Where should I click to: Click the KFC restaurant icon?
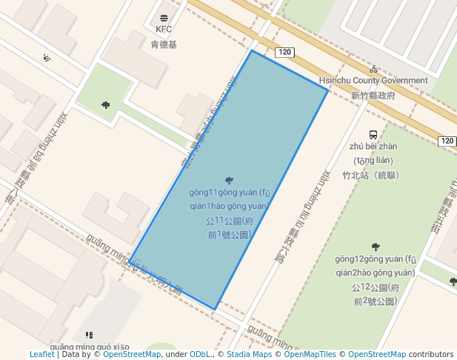pyautogui.click(x=163, y=17)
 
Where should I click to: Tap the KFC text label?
pyautogui.click(x=163, y=30)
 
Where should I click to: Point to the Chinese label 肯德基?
pyautogui.click(x=164, y=44)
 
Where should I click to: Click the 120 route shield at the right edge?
pyautogui.click(x=447, y=141)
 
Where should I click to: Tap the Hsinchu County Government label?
pyautogui.click(x=373, y=80)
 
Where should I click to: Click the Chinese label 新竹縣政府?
pyautogui.click(x=373, y=96)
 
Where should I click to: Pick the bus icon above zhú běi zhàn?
pyautogui.click(x=373, y=135)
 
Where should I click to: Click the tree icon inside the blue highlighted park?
pyautogui.click(x=228, y=181)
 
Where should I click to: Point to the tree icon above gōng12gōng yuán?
pyautogui.click(x=376, y=247)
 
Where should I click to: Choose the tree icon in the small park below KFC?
pyautogui.click(x=106, y=105)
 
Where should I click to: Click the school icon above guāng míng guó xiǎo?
pyautogui.click(x=89, y=336)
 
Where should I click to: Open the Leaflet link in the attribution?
pyautogui.click(x=42, y=355)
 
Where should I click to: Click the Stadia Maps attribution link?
pyautogui.click(x=249, y=355)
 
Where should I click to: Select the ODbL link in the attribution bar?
pyautogui.click(x=201, y=355)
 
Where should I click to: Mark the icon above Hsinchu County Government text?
pyautogui.click(x=373, y=69)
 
